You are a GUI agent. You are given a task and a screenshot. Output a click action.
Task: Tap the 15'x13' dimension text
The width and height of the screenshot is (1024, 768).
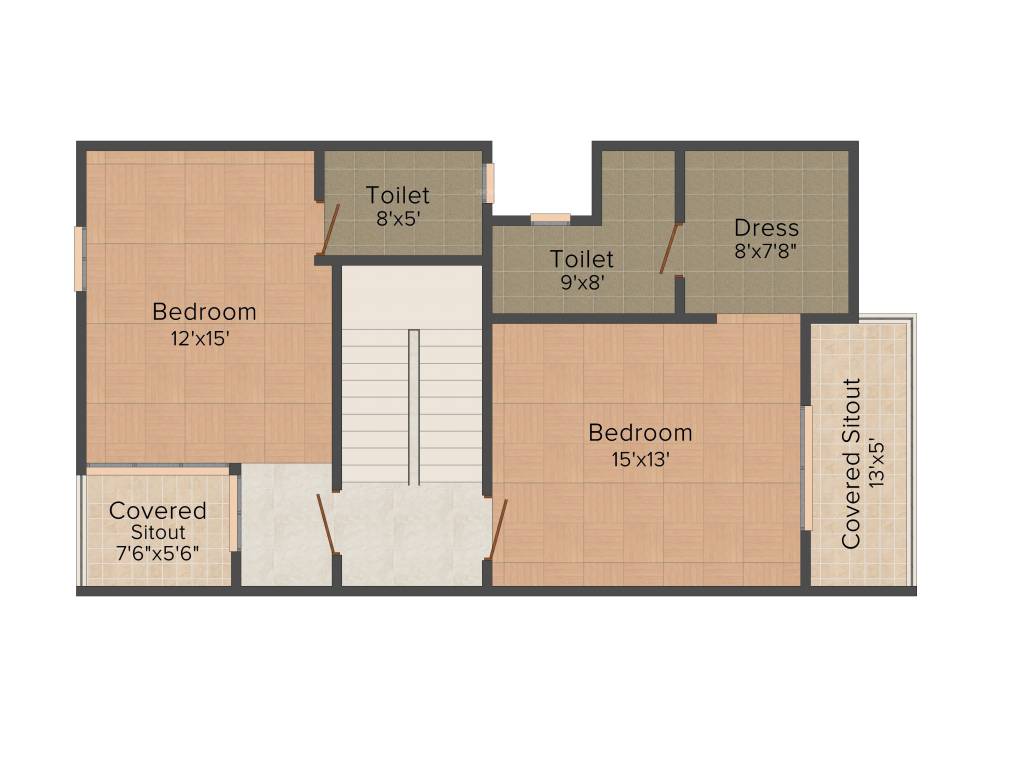point(641,459)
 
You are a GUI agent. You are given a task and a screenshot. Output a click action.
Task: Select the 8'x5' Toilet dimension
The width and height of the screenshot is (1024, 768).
point(397,218)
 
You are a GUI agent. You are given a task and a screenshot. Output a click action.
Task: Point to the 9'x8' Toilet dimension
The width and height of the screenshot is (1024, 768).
point(581,282)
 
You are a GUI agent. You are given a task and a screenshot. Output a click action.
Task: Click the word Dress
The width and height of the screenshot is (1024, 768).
point(766,227)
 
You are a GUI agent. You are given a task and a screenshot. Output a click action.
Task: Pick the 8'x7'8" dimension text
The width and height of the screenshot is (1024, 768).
point(766,251)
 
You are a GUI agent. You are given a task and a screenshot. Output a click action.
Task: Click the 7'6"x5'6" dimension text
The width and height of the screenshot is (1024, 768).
point(158,552)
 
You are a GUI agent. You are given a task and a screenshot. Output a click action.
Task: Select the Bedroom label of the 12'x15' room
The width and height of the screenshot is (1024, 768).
point(204,312)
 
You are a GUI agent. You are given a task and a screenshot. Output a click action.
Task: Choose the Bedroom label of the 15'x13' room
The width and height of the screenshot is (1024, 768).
point(640,433)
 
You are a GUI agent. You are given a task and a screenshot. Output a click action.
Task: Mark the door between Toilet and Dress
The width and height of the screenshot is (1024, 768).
point(669,248)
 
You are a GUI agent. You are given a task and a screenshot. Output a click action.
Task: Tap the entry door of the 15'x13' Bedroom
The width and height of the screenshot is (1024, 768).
point(498,529)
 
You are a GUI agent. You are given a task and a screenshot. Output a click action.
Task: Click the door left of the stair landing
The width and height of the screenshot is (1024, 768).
point(326,523)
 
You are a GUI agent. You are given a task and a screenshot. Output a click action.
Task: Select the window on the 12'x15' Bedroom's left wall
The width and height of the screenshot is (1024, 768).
point(80,259)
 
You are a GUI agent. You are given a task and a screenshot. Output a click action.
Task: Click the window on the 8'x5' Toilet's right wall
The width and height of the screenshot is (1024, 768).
point(489,183)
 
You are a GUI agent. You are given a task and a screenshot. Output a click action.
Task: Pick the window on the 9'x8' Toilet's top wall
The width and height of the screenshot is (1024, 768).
point(550,218)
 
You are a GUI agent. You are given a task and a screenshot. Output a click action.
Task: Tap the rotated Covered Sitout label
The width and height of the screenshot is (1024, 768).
point(851,463)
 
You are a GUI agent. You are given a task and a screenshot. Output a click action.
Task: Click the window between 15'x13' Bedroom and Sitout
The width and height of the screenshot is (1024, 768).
point(806,467)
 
